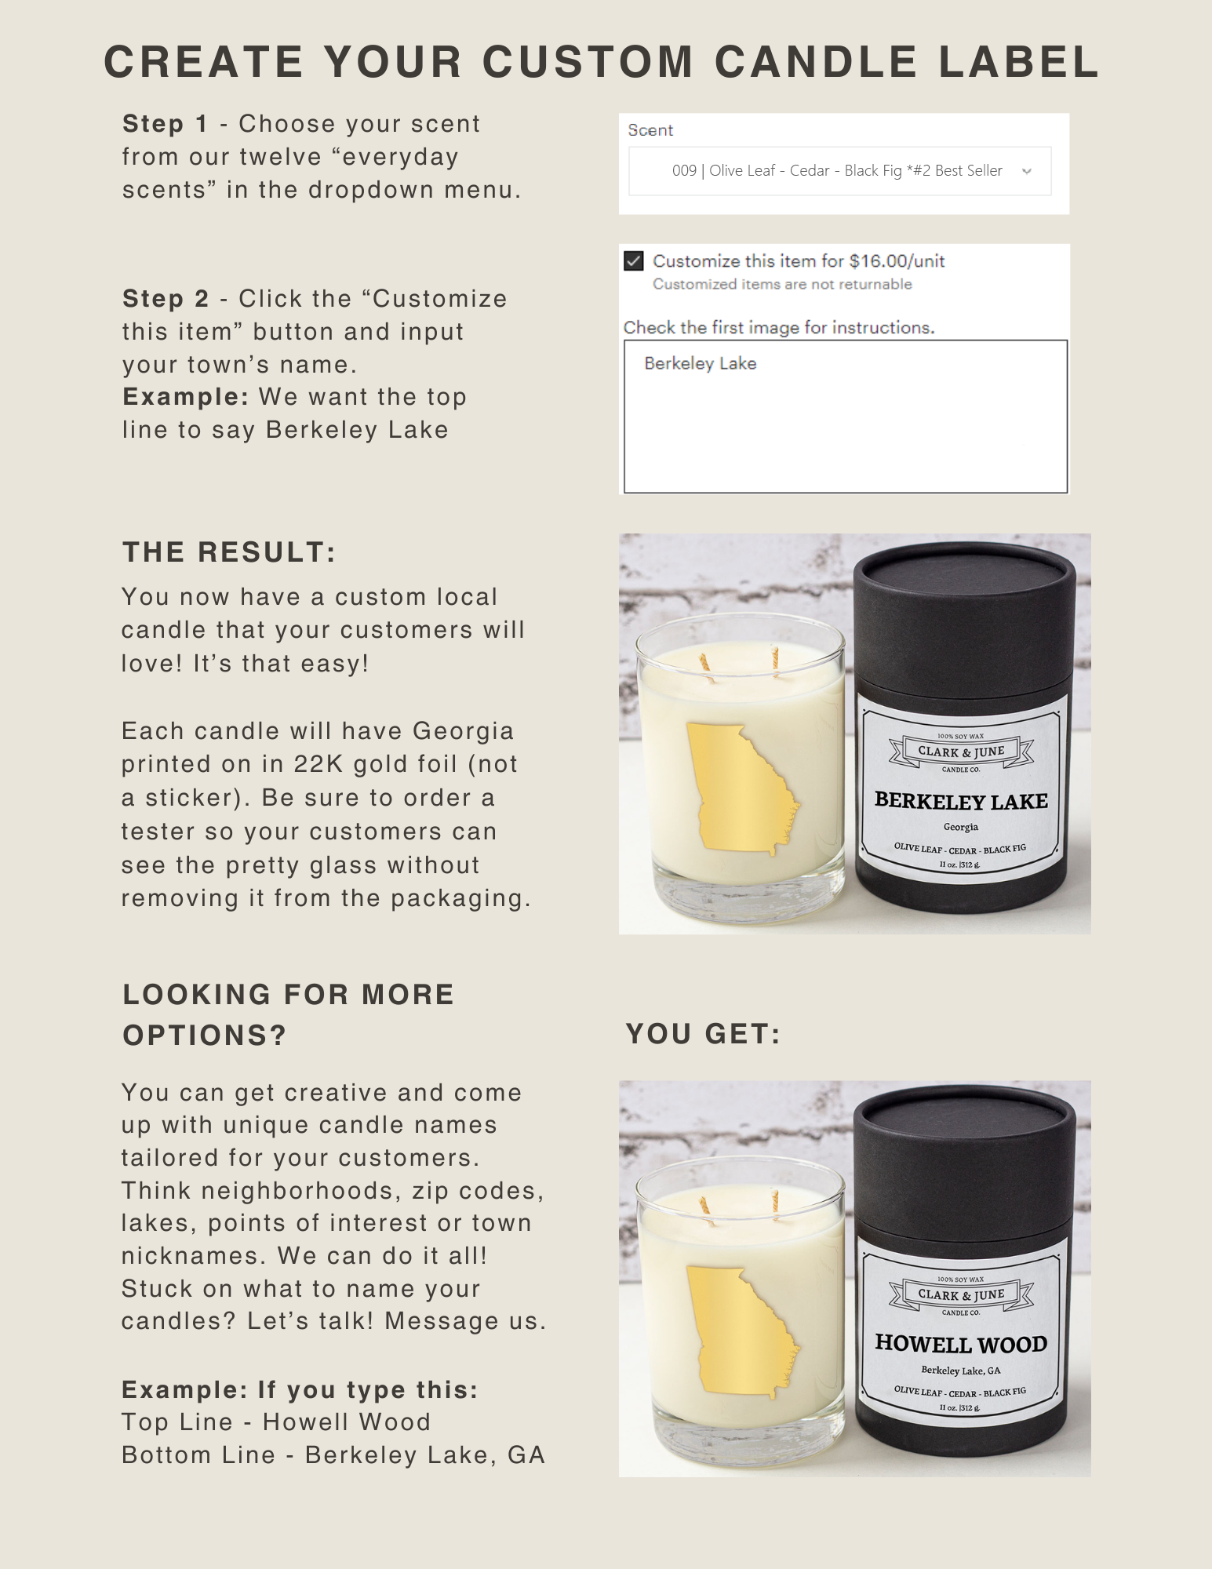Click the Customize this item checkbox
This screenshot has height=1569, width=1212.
[634, 260]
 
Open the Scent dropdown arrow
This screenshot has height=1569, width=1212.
[1026, 171]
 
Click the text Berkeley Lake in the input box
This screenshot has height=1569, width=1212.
[701, 363]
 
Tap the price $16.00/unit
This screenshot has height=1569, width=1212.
[897, 261]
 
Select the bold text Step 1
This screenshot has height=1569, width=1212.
[165, 124]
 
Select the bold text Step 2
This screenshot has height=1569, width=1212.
[166, 299]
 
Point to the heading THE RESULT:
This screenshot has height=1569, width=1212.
[229, 552]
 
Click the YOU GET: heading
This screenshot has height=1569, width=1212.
[703, 1034]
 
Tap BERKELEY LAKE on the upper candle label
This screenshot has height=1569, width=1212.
[961, 801]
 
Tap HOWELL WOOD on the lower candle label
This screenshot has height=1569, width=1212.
[961, 1344]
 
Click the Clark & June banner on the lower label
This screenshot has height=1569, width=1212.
[961, 1294]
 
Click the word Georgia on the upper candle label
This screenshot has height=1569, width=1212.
[961, 827]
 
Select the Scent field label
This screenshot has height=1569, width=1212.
[650, 130]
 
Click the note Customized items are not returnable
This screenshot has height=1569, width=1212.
[782, 284]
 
